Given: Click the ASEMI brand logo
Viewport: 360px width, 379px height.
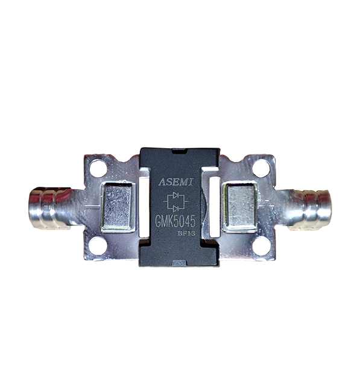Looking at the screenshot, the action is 176,182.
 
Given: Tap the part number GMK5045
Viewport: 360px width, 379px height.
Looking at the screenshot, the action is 175,221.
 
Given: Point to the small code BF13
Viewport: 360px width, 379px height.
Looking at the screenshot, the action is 186,234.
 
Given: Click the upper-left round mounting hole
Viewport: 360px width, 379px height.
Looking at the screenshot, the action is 98,168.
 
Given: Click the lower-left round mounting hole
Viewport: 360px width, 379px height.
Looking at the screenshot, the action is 98,246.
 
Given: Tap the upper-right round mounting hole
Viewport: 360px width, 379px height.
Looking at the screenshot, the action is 261,168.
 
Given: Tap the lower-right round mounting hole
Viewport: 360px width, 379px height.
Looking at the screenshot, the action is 261,246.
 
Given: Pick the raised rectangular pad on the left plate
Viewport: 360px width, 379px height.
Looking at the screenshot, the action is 118,207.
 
